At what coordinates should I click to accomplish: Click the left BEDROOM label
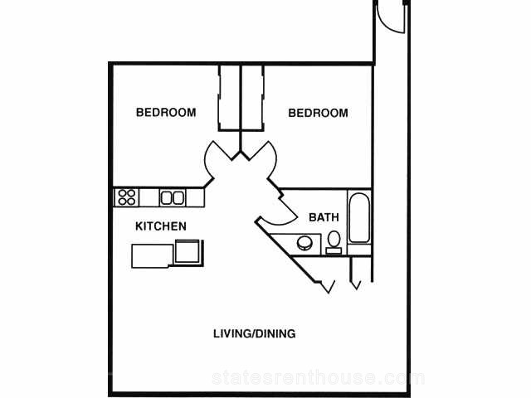pos(166,113)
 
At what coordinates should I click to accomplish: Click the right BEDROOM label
pos(318,113)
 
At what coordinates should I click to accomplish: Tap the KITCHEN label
pos(161,226)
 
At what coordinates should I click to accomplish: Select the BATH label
pos(324,218)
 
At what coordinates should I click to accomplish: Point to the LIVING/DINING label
pos(255,334)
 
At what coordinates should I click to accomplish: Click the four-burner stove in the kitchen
pos(127,197)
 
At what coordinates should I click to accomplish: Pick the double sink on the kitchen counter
pos(172,197)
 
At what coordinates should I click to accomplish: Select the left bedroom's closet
pos(228,98)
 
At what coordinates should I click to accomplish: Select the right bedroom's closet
pos(252,98)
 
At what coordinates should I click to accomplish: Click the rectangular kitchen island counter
pos(152,255)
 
